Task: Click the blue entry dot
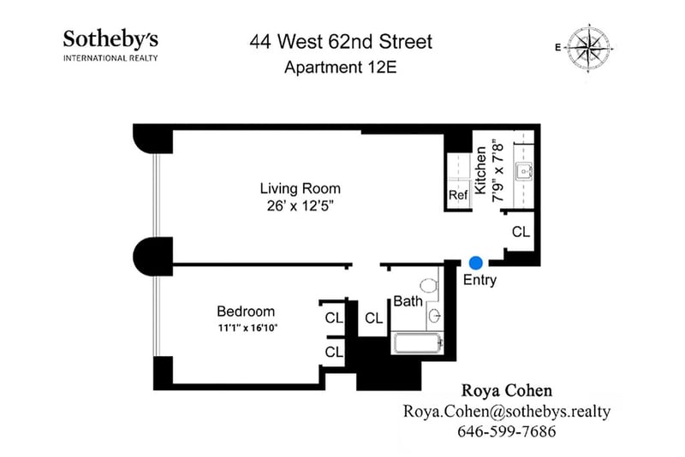point(476,263)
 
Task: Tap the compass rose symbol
point(588,47)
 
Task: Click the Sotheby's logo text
point(110,39)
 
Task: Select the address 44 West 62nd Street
point(341,42)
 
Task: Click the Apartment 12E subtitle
point(340,68)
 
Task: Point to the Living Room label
point(301,188)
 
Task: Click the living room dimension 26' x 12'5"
point(301,205)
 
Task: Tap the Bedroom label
point(246,312)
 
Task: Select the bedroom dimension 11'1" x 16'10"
point(247,328)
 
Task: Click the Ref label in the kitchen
point(458,194)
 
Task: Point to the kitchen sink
point(524,171)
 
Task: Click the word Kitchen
point(480,170)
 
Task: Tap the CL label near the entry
point(521,232)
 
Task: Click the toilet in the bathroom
point(429,286)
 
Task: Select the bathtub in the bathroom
point(418,343)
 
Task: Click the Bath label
point(408,300)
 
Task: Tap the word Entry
point(479,280)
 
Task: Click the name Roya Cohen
point(507,390)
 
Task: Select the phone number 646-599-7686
point(507,431)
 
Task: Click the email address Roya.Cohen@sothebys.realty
point(507,411)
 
